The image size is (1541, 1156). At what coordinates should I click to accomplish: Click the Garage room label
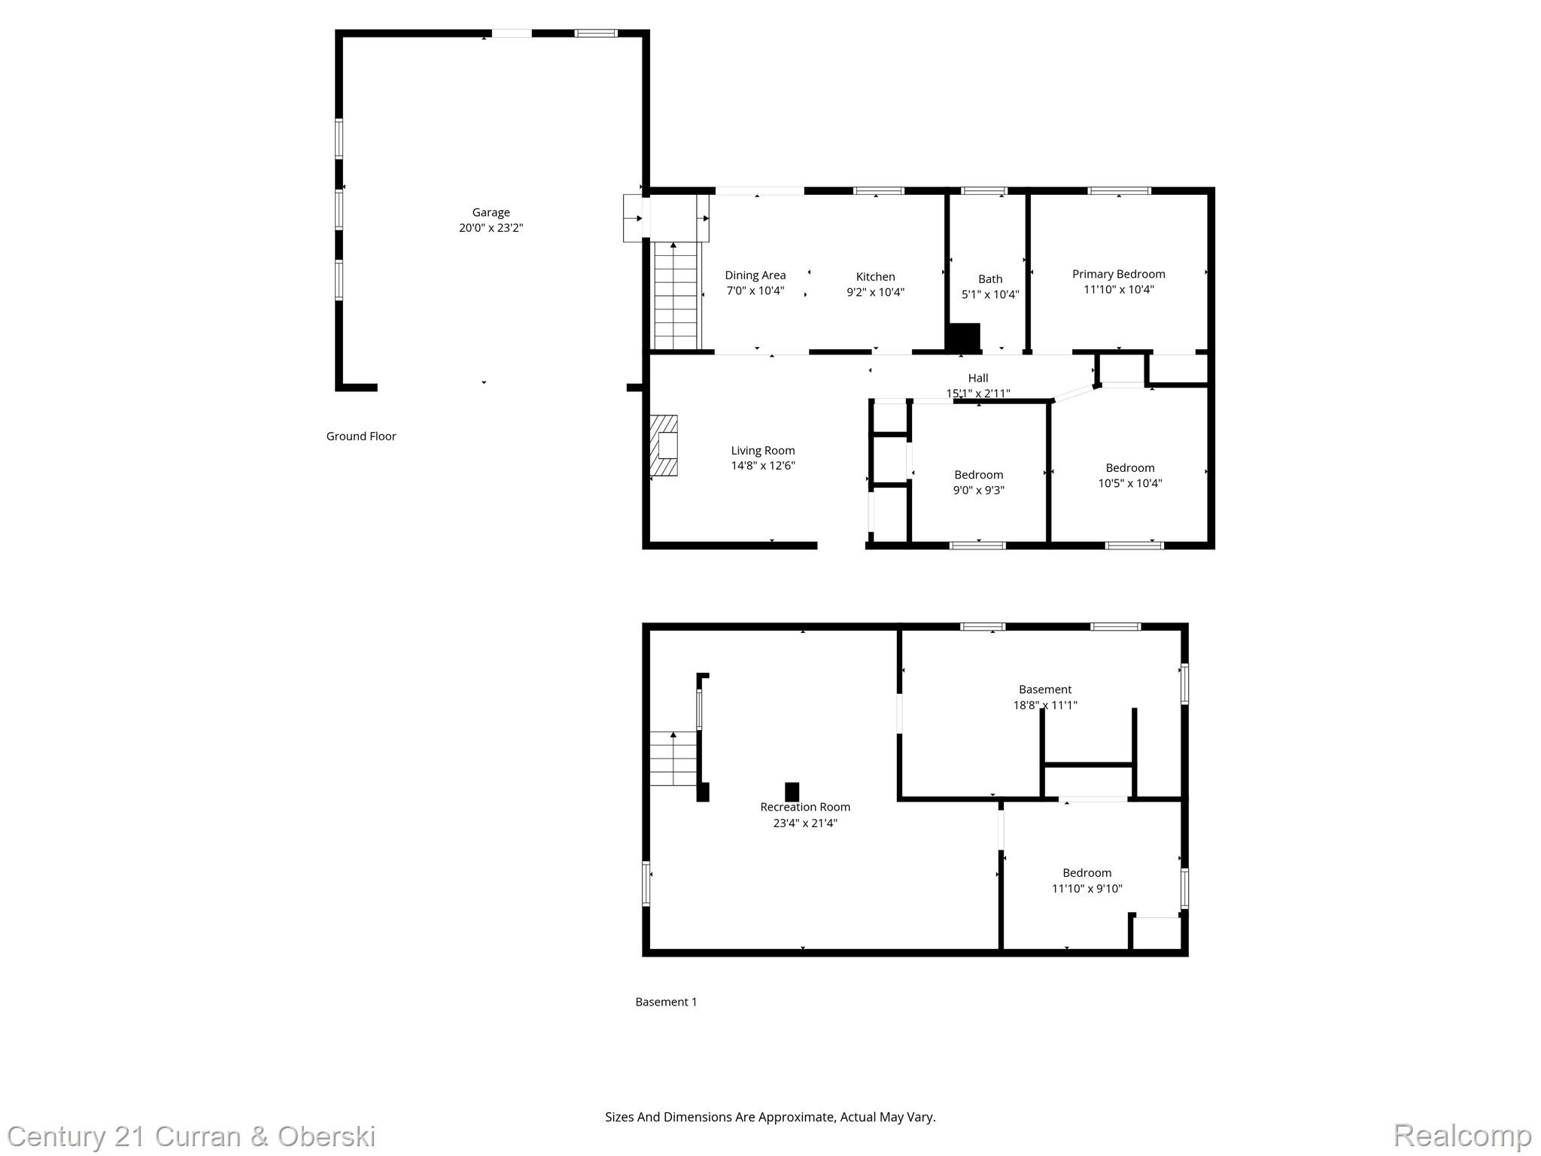coord(491,212)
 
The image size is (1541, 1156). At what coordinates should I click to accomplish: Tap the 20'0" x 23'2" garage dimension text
coord(491,228)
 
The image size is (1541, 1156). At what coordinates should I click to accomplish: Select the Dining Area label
coord(755,275)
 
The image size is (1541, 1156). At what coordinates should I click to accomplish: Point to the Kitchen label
coord(875,277)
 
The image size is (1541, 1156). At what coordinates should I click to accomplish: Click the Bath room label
coord(989,279)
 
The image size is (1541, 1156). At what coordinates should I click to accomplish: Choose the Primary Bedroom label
coord(1118,274)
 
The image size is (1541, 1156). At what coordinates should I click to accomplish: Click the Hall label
coord(977,378)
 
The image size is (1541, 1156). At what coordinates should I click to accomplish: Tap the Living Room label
coord(762,451)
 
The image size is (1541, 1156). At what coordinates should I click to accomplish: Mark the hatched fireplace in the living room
coord(664,446)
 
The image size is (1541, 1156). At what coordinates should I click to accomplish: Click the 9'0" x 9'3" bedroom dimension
coord(978,490)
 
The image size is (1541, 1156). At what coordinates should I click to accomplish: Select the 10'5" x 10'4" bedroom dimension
coord(1129,483)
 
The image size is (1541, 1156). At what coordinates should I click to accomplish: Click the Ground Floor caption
coord(360,437)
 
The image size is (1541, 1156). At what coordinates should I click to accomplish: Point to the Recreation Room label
coord(804,807)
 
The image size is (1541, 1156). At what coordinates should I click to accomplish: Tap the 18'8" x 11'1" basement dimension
coord(1044,705)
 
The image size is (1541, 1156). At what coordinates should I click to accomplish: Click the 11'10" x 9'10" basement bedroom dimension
coord(1087,888)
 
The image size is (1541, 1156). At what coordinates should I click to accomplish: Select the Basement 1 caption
coord(666,1002)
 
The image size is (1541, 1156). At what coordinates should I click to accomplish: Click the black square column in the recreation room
coord(792,792)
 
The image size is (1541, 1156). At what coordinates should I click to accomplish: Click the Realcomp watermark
coord(1462,1135)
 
